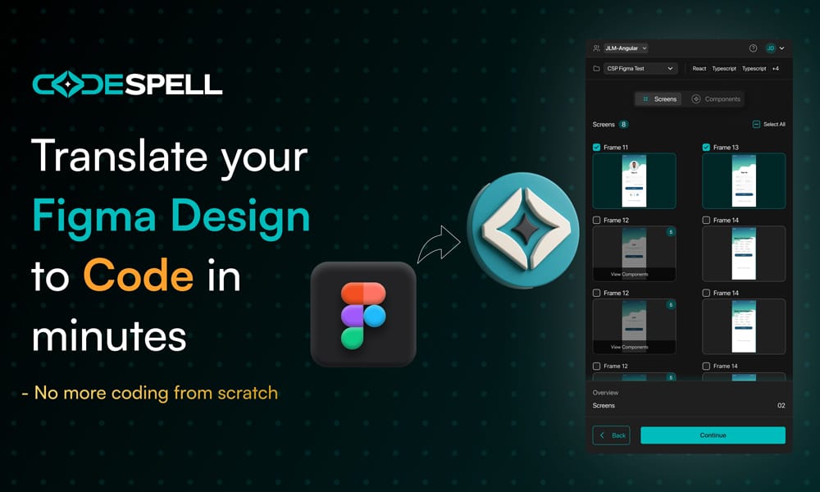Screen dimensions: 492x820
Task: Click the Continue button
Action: click(x=713, y=435)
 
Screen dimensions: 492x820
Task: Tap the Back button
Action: click(x=611, y=435)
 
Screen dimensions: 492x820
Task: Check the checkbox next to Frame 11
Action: click(x=596, y=148)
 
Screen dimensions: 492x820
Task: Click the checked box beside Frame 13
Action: click(x=706, y=148)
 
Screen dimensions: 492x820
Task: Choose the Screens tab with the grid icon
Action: click(x=658, y=99)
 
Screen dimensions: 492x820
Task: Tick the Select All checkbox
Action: click(x=756, y=125)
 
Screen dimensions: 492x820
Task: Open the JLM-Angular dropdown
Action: click(x=626, y=48)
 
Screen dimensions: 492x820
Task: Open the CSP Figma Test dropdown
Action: click(x=640, y=69)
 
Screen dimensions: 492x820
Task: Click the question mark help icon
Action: click(x=753, y=48)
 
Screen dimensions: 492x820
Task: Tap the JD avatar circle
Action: click(x=770, y=48)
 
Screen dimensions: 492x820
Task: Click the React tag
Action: click(x=699, y=69)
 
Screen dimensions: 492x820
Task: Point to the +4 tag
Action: click(x=776, y=69)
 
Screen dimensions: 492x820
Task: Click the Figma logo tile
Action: click(x=363, y=314)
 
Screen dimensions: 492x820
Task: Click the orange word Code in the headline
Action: click(x=138, y=277)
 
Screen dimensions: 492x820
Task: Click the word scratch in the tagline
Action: click(x=248, y=393)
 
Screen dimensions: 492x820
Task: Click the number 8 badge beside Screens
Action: click(x=624, y=125)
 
